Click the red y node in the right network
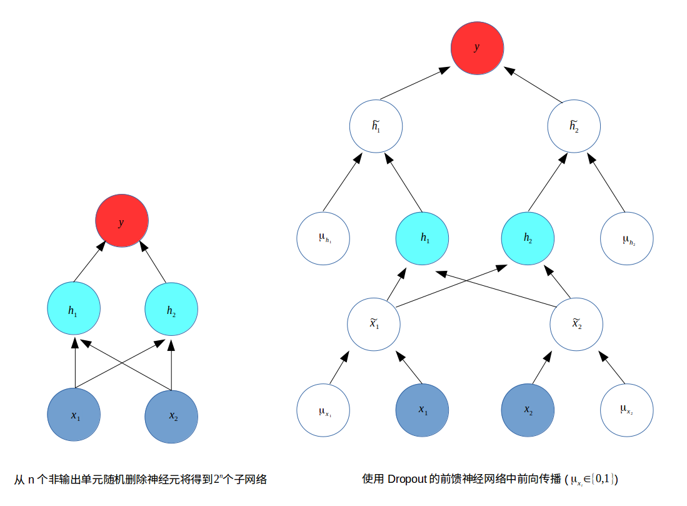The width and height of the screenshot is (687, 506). pyautogui.click(x=477, y=48)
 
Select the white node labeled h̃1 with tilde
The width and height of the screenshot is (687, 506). pyautogui.click(x=376, y=126)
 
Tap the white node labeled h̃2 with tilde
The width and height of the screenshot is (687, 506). pyautogui.click(x=574, y=126)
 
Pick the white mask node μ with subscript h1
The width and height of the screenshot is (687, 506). pyautogui.click(x=323, y=238)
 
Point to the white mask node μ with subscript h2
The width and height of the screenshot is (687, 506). pyautogui.click(x=626, y=238)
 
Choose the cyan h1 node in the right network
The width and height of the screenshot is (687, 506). pyautogui.click(x=423, y=238)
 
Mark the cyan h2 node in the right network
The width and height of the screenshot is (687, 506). pyautogui.click(x=528, y=238)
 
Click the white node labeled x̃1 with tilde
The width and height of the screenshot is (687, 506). pyautogui.click(x=374, y=324)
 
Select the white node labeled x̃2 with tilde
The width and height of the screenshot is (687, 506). pyautogui.click(x=576, y=324)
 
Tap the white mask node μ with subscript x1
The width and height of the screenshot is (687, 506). pyautogui.click(x=323, y=410)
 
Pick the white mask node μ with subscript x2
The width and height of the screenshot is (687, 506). pyautogui.click(x=626, y=410)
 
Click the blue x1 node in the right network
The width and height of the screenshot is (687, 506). pyautogui.click(x=423, y=410)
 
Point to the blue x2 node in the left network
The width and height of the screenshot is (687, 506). pyautogui.click(x=171, y=416)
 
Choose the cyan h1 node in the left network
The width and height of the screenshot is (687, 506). pyautogui.click(x=74, y=309)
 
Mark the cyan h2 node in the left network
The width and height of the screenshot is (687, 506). pyautogui.click(x=171, y=309)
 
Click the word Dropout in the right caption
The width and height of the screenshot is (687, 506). pyautogui.click(x=407, y=480)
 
